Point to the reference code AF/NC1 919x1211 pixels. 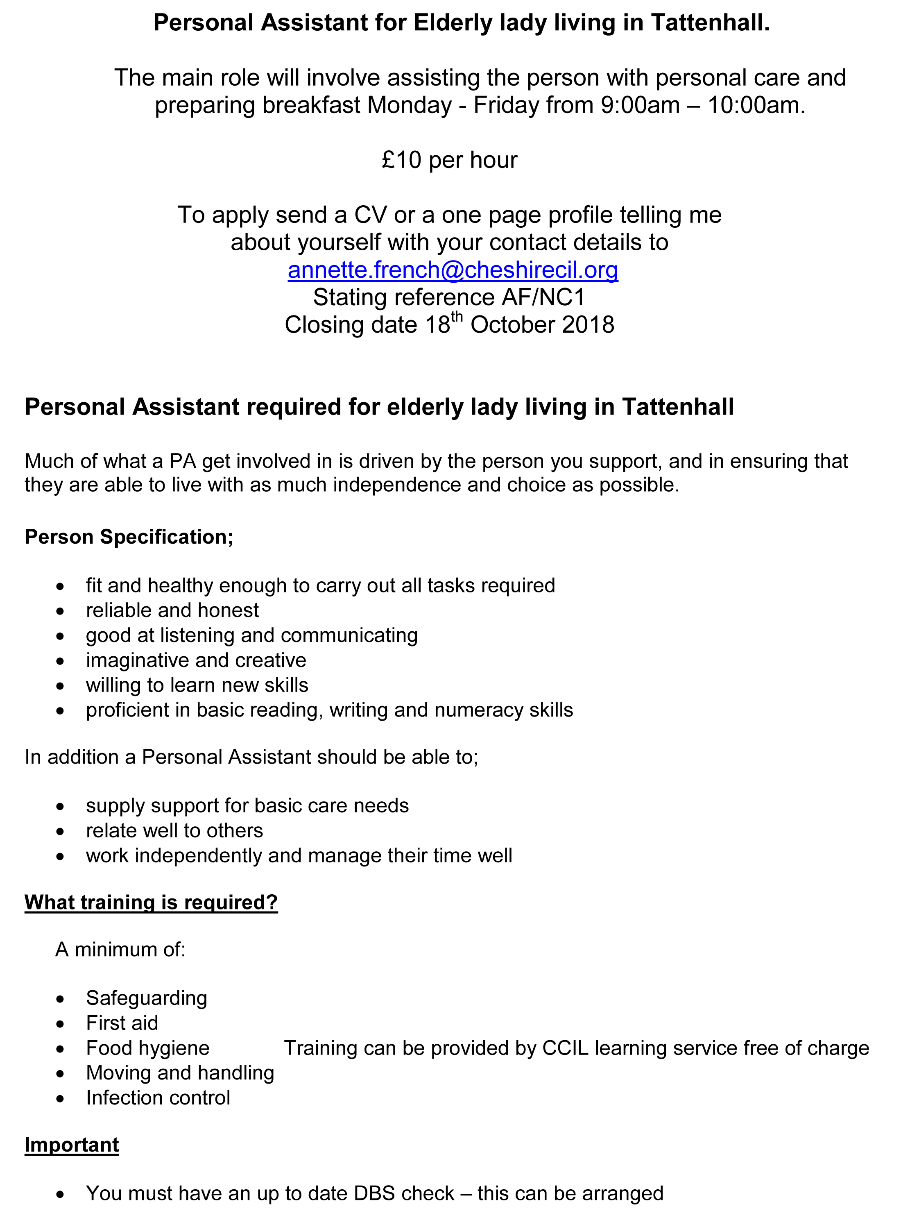tap(543, 297)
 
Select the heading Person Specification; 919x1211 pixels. tap(129, 537)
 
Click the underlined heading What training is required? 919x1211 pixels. tap(151, 902)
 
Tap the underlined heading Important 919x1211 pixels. tap(72, 1145)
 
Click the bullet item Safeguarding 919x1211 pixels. tap(146, 998)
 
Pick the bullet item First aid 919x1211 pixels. tap(122, 1023)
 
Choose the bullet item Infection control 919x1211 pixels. tap(158, 1097)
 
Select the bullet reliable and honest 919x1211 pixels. tap(172, 610)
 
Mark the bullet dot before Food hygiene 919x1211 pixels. tap(60, 1049)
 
